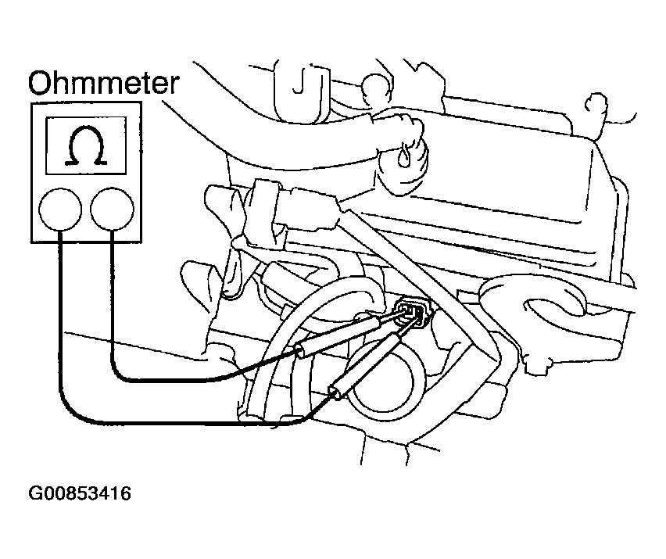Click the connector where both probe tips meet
tap(411, 314)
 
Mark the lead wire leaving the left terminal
tap(59, 328)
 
